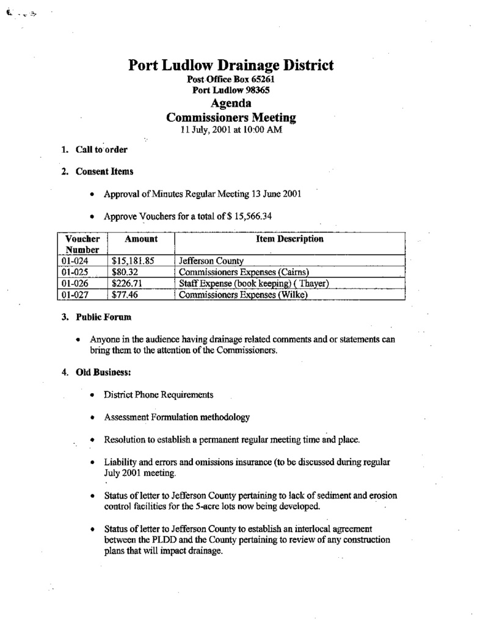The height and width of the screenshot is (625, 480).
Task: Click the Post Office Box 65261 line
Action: click(231, 80)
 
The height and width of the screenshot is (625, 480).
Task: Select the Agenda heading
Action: click(231, 103)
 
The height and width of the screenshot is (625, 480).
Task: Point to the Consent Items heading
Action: click(104, 172)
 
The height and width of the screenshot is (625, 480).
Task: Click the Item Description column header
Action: click(289, 239)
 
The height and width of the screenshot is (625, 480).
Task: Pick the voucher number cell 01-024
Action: click(75, 261)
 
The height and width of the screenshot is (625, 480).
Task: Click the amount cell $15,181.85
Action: click(133, 261)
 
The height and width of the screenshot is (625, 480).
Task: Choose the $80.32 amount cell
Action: click(125, 272)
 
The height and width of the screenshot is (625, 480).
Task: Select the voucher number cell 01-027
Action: click(75, 295)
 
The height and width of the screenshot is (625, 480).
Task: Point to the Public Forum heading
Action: click(104, 317)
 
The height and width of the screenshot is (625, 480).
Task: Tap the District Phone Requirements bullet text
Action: click(158, 395)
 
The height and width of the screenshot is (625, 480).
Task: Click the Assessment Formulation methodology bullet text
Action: click(176, 417)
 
